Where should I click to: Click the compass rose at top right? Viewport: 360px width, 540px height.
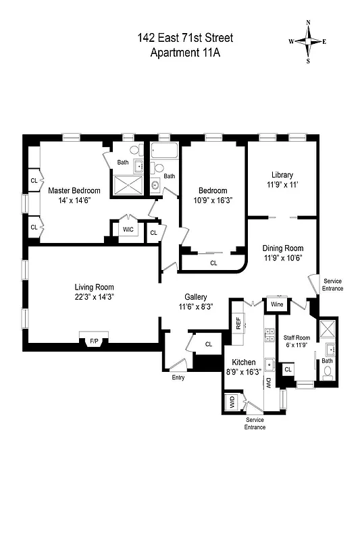308,41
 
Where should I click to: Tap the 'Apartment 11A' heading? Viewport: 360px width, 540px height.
185,53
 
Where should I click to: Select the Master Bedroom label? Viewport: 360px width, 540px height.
74,190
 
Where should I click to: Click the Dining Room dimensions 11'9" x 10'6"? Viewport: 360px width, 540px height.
283,257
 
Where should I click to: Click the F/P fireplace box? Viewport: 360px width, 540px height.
93,342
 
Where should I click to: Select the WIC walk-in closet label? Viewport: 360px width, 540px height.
128,230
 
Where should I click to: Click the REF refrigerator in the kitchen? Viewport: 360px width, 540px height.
238,323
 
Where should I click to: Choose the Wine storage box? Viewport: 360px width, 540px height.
277,304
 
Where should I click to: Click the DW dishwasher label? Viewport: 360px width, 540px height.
268,382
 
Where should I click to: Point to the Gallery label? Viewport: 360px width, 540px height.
196,296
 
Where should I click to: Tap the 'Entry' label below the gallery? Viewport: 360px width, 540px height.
178,377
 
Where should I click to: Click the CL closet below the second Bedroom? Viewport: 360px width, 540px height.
213,263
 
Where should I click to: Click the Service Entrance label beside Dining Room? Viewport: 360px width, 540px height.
333,284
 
